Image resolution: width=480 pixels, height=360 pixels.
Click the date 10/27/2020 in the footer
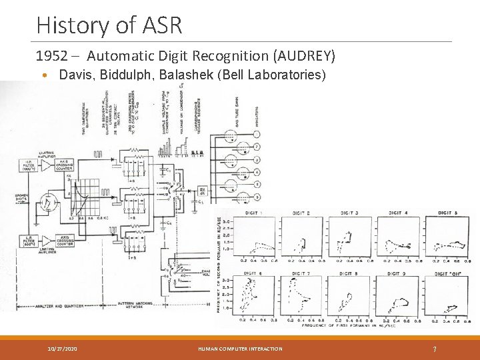coord(62,349)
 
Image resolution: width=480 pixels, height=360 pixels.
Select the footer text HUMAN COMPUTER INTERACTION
coord(241,349)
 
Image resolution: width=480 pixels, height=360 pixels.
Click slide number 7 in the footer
coord(434,349)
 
